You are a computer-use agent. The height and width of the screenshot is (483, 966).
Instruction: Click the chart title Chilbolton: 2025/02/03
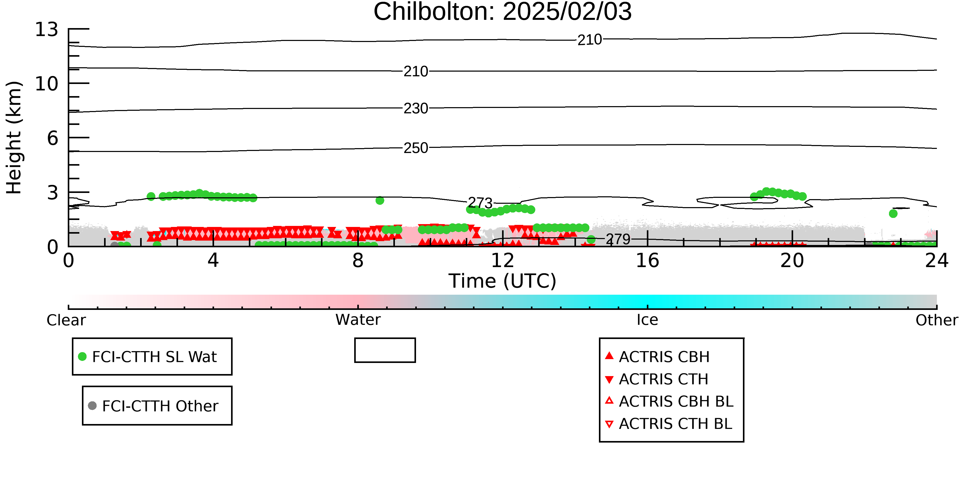[x=503, y=12]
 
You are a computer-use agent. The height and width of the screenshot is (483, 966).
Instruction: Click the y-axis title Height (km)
[x=14, y=138]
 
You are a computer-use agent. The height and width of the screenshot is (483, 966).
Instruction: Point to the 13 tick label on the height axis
[x=47, y=29]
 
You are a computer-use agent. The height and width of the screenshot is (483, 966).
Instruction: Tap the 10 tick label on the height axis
[x=47, y=84]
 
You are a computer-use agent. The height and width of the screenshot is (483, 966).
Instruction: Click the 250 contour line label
[x=416, y=148]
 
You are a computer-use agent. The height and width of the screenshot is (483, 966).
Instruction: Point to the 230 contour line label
[x=416, y=108]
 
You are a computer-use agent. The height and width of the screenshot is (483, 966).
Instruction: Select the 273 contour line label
[x=480, y=203]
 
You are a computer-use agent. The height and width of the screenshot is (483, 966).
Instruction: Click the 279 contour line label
[x=618, y=239]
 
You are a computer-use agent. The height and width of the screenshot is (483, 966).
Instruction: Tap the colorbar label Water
[x=358, y=320]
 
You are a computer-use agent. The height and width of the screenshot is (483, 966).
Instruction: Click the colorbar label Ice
[x=647, y=320]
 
